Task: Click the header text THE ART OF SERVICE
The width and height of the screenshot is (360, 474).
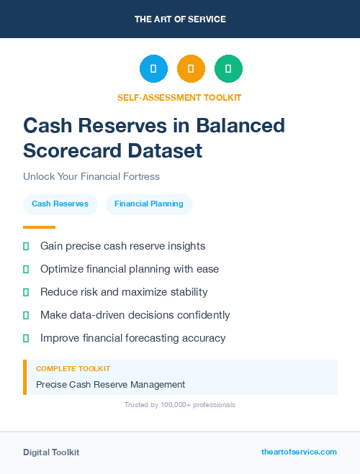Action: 180,19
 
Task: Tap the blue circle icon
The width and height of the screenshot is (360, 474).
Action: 153,69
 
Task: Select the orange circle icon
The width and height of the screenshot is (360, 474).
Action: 191,69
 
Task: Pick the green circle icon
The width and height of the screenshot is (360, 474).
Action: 228,69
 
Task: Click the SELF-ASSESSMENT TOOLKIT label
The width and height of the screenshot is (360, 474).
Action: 180,97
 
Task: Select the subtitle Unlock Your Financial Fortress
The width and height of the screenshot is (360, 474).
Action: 91,176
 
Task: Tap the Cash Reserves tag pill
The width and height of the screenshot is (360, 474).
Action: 60,204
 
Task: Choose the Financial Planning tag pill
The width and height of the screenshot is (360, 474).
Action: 149,204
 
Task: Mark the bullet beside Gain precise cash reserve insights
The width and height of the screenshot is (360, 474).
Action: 26,246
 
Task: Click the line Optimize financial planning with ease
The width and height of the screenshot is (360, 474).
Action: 130,269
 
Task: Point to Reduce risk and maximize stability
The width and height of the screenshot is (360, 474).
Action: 124,292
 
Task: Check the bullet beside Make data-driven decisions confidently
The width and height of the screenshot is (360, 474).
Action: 26,315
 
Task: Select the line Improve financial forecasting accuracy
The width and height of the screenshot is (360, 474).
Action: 132,338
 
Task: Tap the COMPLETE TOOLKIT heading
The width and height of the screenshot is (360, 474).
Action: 73,368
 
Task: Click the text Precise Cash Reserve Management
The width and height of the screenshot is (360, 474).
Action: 110,384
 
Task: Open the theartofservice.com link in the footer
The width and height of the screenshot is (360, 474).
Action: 299,452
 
